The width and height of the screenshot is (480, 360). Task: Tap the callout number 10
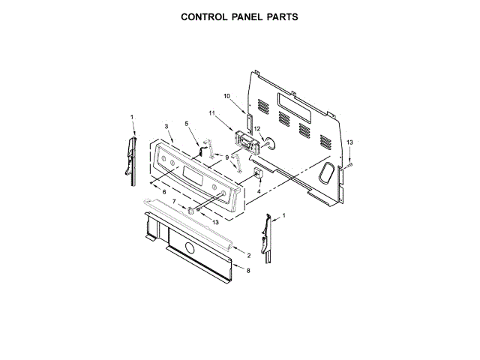[227, 96]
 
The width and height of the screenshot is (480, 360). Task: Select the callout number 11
[212, 112]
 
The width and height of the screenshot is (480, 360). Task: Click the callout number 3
[166, 127]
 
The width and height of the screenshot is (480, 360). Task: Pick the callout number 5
[187, 123]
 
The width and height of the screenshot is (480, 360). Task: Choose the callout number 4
[259, 192]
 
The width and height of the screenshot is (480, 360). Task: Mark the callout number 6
[164, 193]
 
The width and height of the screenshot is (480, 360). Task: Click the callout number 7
[174, 202]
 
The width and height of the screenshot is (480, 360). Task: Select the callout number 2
[248, 256]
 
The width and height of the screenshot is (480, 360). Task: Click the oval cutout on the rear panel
[327, 174]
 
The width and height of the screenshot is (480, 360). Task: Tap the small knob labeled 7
[190, 211]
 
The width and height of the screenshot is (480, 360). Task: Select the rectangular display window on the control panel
[191, 180]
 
